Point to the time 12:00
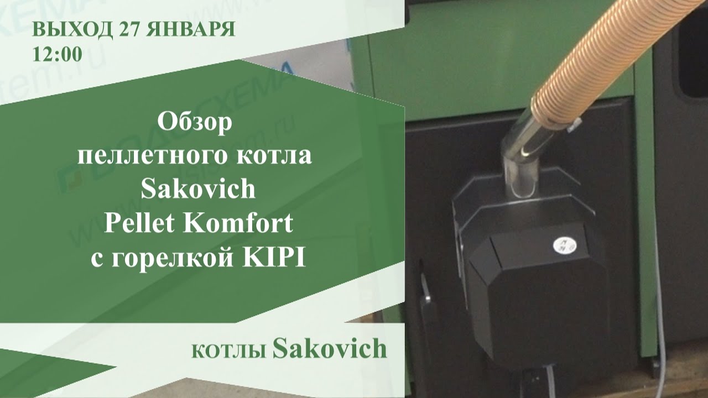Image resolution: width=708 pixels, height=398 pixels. click(58, 54)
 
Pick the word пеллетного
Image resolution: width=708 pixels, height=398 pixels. click(149, 156)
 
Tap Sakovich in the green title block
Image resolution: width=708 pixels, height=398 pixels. click(197, 190)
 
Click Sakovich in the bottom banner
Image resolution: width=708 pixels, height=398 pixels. click(330, 349)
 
